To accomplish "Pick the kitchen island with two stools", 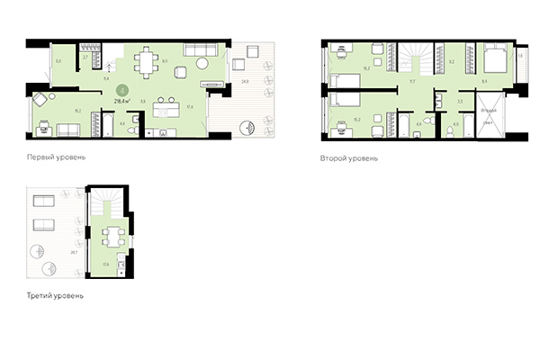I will pos(166,109).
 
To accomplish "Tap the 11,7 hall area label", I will pos(411,81).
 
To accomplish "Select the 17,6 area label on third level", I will pos(105,264).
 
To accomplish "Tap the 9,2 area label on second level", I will pos(453,61).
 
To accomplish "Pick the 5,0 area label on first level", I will pos(59,60).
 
